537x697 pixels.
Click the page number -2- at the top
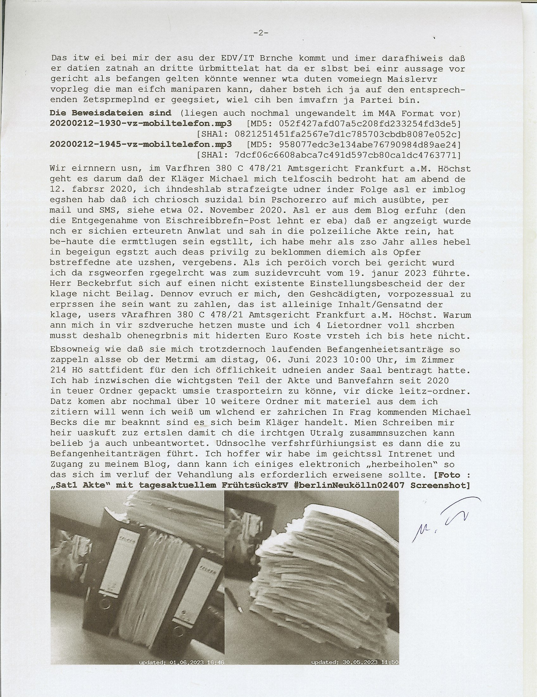tap(261, 33)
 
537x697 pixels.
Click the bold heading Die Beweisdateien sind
tap(110, 113)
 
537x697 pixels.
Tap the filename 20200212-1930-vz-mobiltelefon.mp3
tap(141, 124)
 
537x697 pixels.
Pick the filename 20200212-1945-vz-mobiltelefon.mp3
tap(141, 144)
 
